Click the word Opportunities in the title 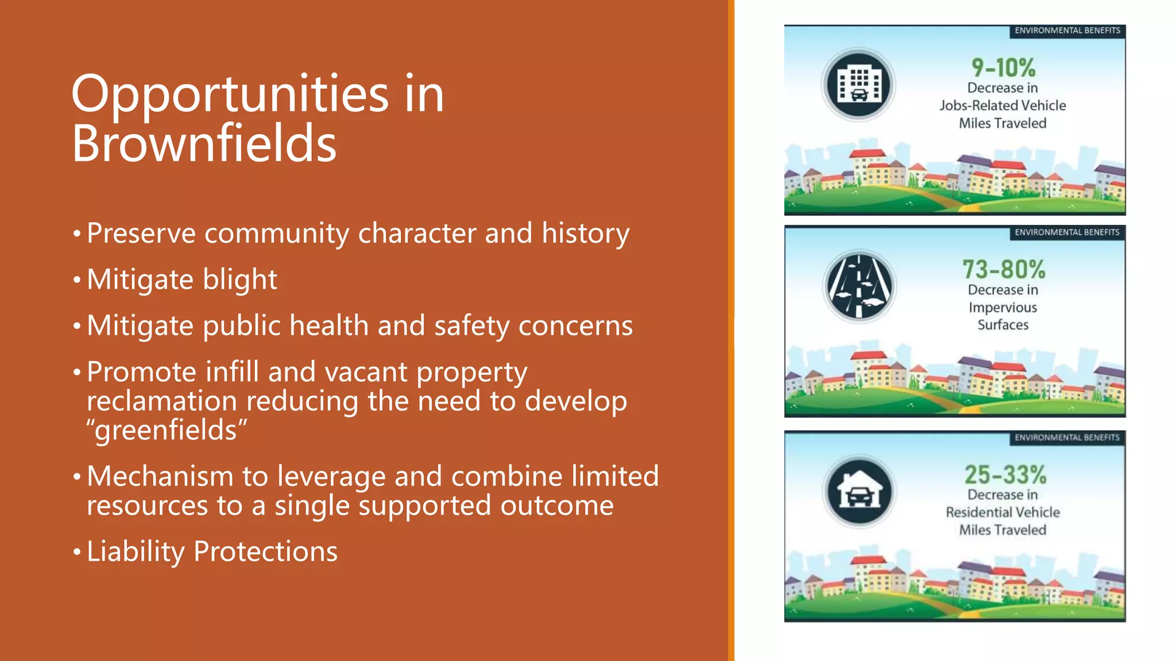click(230, 95)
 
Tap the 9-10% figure click(1003, 68)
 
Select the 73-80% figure click(1003, 269)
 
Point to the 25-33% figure click(1004, 475)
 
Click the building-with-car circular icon click(858, 85)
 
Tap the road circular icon click(859, 286)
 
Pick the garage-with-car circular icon click(859, 492)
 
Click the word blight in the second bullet click(240, 280)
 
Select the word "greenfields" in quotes click(167, 430)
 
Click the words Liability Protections click(212, 551)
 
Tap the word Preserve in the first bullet click(141, 234)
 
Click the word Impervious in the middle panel click(1003, 308)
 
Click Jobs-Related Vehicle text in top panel click(1003, 106)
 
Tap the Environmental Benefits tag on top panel click(1067, 30)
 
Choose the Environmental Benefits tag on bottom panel click(1067, 438)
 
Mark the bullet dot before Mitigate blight click(77, 281)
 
